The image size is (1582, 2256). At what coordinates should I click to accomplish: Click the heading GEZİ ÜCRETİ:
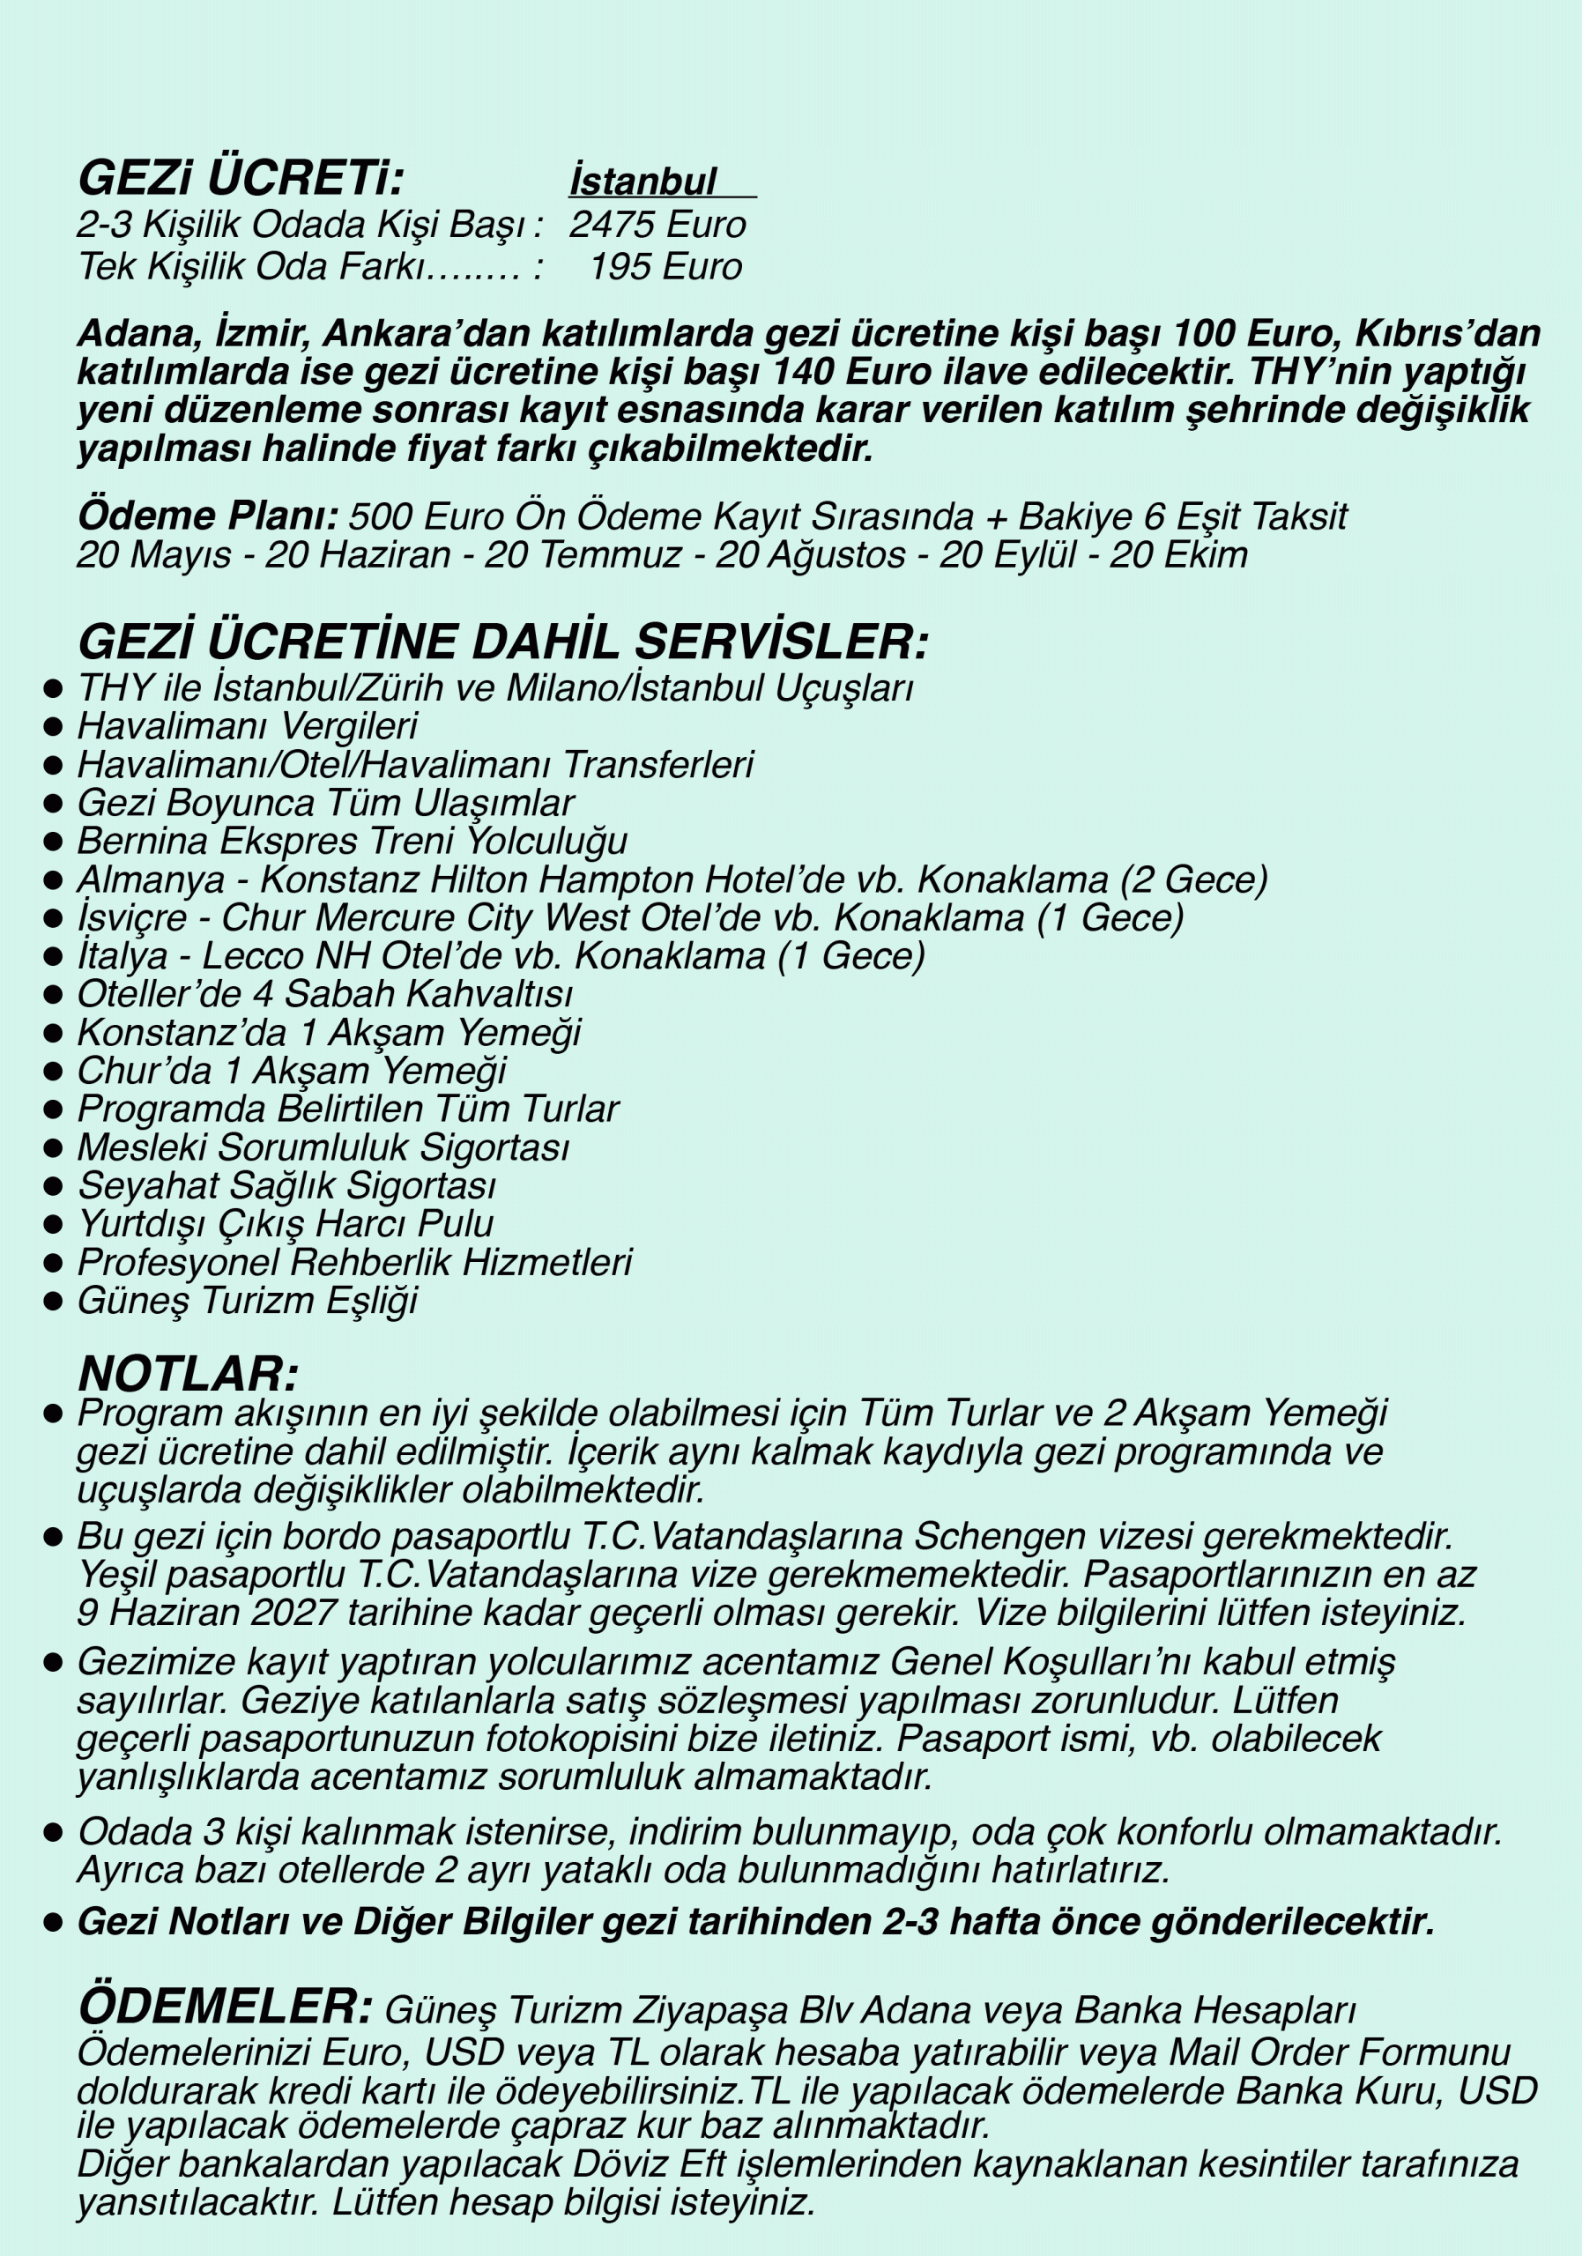(241, 180)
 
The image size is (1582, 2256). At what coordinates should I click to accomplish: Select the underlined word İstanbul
(643, 182)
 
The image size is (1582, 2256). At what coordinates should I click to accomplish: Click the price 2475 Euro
(657, 225)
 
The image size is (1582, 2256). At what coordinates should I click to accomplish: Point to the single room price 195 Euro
(665, 267)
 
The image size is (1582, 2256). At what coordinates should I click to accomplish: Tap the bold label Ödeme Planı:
(208, 516)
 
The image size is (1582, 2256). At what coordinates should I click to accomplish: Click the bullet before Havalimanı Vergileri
(53, 727)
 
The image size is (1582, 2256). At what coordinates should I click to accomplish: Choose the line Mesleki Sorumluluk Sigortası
(323, 1147)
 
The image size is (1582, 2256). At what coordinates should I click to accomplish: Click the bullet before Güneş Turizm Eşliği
(53, 1302)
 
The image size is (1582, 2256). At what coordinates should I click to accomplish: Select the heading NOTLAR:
(188, 1374)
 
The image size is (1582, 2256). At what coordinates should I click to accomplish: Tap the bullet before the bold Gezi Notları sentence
(53, 1923)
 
